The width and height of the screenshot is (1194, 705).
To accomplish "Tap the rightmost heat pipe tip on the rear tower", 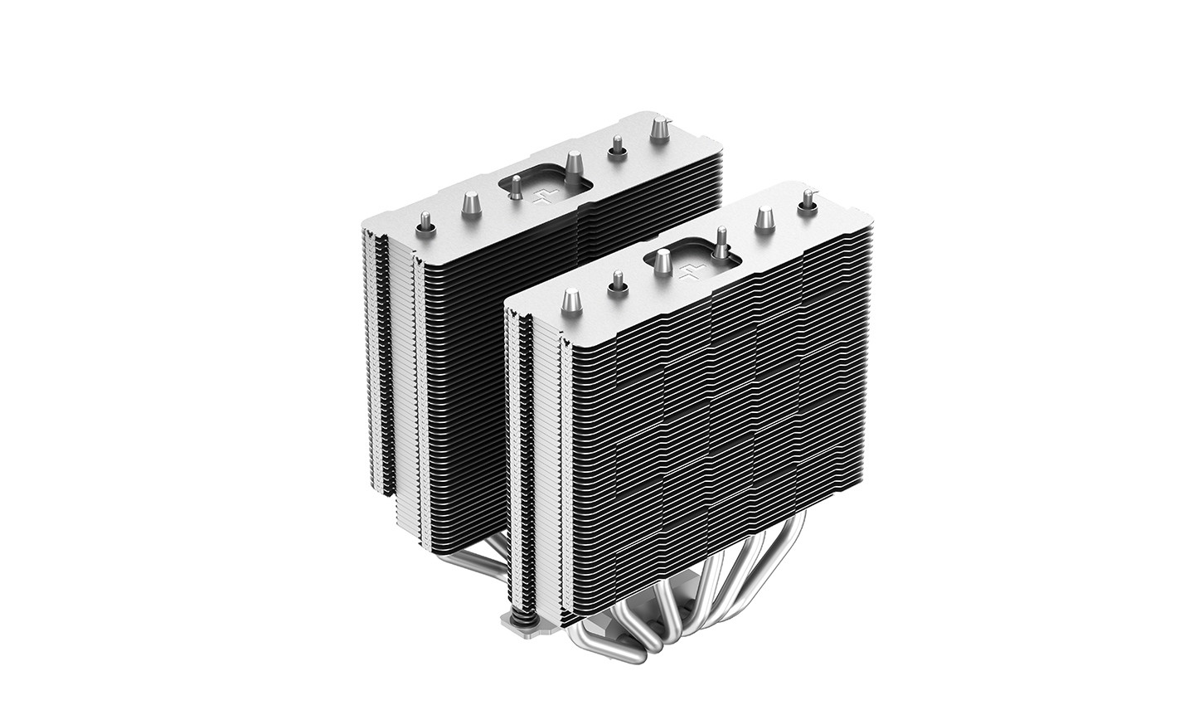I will coord(660,129).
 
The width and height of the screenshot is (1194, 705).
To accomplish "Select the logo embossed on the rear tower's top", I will coord(543,197).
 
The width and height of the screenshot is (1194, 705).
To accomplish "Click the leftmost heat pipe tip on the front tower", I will coord(572,299).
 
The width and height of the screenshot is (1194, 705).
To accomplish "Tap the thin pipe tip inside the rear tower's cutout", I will coord(515,190).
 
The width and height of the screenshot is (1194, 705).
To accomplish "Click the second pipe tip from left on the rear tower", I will coord(470,202).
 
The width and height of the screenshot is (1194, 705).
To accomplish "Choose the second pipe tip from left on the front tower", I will coord(617,282).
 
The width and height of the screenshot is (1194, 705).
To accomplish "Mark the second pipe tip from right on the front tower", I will coord(763,217).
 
